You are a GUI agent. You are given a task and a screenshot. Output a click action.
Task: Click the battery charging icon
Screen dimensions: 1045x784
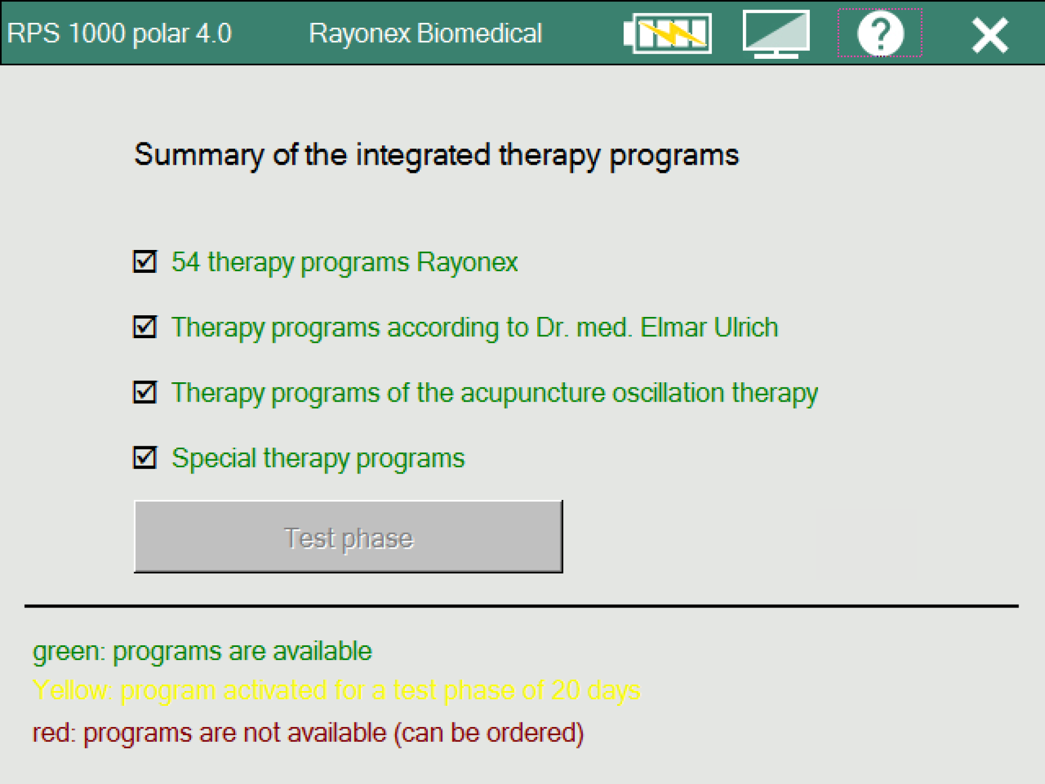[668, 34]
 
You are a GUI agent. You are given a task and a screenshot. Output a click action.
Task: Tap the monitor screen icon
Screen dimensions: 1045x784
[776, 34]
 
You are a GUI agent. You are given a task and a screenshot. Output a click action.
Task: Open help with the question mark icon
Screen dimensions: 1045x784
[880, 34]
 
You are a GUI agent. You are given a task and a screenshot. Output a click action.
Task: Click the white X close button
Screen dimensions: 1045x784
[990, 35]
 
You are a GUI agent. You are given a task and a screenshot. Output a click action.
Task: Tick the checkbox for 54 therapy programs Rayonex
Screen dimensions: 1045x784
[145, 262]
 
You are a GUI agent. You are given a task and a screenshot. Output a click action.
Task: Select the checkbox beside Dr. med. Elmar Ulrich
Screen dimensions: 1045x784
[145, 327]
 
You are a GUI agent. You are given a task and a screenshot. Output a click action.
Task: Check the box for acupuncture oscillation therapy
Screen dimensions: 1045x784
[145, 392]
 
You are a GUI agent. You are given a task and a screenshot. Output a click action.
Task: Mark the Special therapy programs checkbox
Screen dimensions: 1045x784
[145, 458]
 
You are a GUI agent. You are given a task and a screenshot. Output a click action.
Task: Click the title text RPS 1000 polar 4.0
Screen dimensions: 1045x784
[119, 34]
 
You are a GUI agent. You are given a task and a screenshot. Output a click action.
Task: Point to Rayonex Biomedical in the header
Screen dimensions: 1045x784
[425, 34]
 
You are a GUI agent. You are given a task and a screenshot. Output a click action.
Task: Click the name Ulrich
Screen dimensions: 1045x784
[746, 327]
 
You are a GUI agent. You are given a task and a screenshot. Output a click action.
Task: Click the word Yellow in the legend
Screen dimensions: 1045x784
[72, 690]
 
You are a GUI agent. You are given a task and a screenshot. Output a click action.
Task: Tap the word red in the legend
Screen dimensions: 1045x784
[53, 733]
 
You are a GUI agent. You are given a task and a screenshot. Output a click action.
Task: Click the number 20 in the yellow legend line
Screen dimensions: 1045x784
[565, 690]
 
